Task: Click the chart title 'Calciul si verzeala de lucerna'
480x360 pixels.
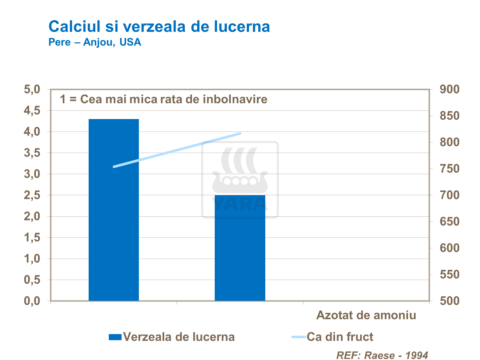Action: [159, 27]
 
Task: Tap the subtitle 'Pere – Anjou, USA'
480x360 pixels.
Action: [95, 42]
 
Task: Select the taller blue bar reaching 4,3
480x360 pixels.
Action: [114, 210]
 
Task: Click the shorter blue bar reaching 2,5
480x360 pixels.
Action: [240, 248]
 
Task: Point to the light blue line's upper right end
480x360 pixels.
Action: [240, 133]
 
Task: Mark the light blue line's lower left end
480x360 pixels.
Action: [114, 167]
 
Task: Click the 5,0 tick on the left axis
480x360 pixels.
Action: [32, 89]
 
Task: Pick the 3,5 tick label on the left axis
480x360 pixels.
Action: [32, 153]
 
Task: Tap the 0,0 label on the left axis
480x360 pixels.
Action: [32, 301]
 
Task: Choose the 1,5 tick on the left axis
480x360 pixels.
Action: [32, 237]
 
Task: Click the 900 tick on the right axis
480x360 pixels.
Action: [449, 89]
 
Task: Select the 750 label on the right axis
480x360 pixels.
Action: [449, 169]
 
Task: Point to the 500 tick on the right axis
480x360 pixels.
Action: [449, 301]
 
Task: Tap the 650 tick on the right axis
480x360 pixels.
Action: [449, 221]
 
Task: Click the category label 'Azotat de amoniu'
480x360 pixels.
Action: [366, 315]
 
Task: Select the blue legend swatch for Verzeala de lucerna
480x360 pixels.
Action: [115, 337]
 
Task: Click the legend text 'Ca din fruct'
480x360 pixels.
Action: [340, 337]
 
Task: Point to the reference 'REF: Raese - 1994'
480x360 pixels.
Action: [382, 355]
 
